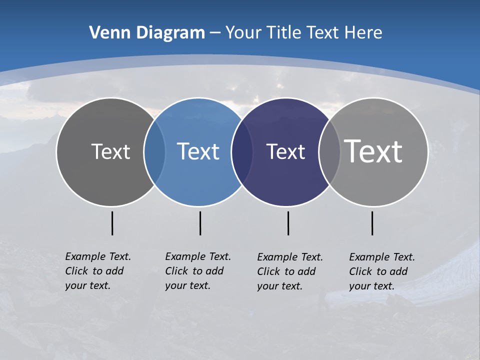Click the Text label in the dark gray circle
[x=110, y=151]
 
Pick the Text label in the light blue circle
[x=198, y=151]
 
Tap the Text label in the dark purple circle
[x=285, y=151]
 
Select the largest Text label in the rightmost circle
[x=373, y=151]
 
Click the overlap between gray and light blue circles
[x=154, y=152]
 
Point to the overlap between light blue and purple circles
[x=242, y=152]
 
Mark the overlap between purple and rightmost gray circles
[x=329, y=152]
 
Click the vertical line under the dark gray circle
[x=112, y=223]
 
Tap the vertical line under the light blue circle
[x=200, y=223]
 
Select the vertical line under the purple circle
[x=288, y=223]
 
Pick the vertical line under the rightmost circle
[x=372, y=223]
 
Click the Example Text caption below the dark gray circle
[x=98, y=271]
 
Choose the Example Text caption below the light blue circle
[x=198, y=271]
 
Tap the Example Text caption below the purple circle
[x=290, y=271]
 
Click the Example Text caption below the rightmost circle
[x=382, y=271]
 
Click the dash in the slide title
[x=215, y=33]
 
